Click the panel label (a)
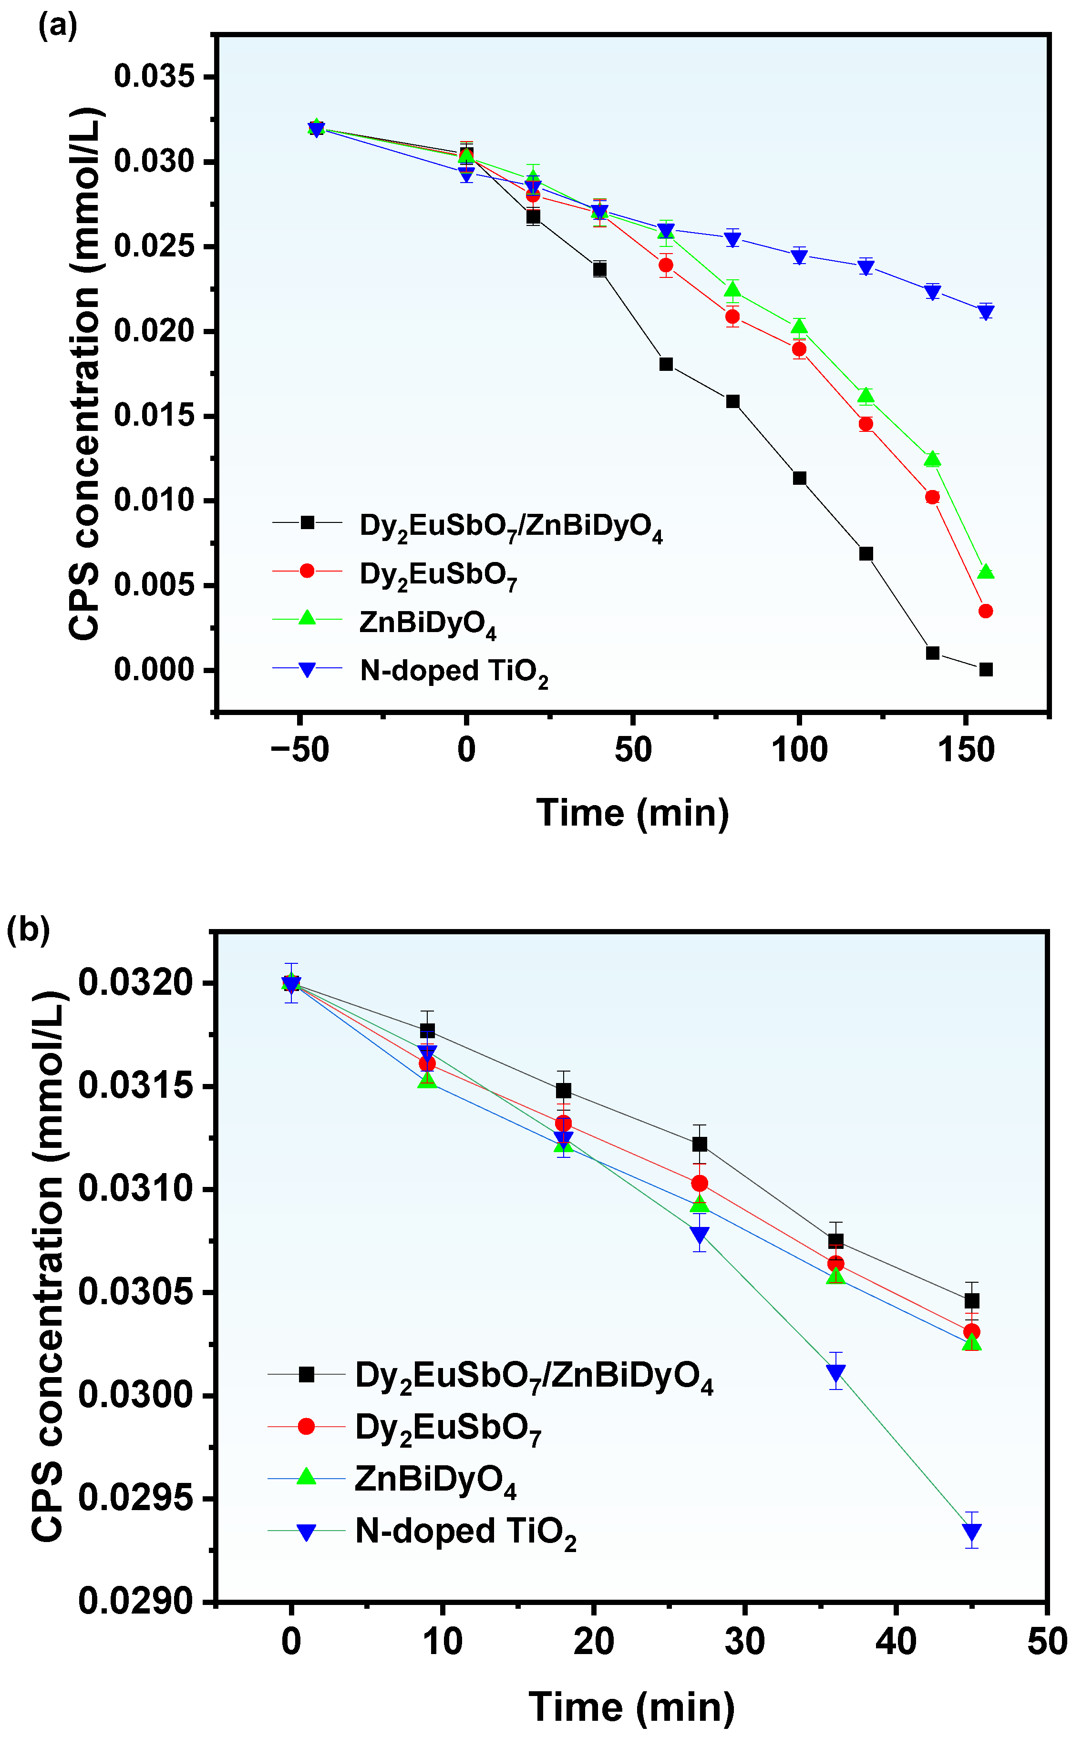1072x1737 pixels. [x=57, y=26]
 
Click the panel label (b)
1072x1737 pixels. [x=28, y=929]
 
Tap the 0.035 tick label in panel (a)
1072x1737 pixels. [x=154, y=77]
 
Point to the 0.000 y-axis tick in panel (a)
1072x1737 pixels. [x=154, y=670]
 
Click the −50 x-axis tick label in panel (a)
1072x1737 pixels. [x=300, y=750]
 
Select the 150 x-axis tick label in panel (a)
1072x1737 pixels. [x=966, y=750]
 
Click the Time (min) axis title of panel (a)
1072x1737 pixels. [x=632, y=812]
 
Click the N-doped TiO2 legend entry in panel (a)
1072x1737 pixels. [x=454, y=670]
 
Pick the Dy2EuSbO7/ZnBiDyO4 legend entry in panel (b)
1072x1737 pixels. [x=533, y=1375]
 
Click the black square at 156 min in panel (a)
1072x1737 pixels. [x=986, y=670]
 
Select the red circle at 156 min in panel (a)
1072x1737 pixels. [x=986, y=611]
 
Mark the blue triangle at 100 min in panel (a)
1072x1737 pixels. [x=799, y=256]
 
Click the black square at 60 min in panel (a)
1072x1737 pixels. [x=666, y=364]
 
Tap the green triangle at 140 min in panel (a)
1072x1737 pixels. [x=932, y=459]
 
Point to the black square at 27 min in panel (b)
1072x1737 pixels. [x=700, y=1144]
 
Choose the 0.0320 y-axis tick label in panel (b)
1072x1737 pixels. [x=134, y=983]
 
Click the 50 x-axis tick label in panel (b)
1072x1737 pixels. [x=1046, y=1641]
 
